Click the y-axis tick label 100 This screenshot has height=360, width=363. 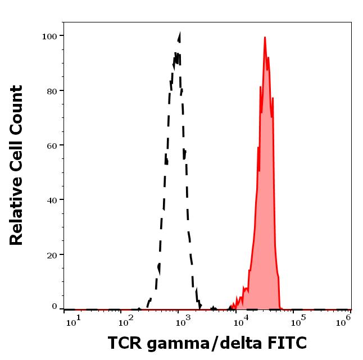coord(49,36)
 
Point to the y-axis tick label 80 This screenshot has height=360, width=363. coord(52,90)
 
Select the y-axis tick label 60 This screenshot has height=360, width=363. coord(52,145)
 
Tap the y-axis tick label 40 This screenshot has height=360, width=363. coord(52,199)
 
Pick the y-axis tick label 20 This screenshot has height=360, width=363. coord(52,254)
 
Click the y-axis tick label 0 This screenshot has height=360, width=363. coord(55,307)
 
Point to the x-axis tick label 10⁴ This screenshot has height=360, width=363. coord(242,320)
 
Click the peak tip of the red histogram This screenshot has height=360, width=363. coord(265,38)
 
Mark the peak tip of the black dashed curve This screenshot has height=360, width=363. coord(180,34)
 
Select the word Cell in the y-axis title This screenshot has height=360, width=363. coord(16,158)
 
